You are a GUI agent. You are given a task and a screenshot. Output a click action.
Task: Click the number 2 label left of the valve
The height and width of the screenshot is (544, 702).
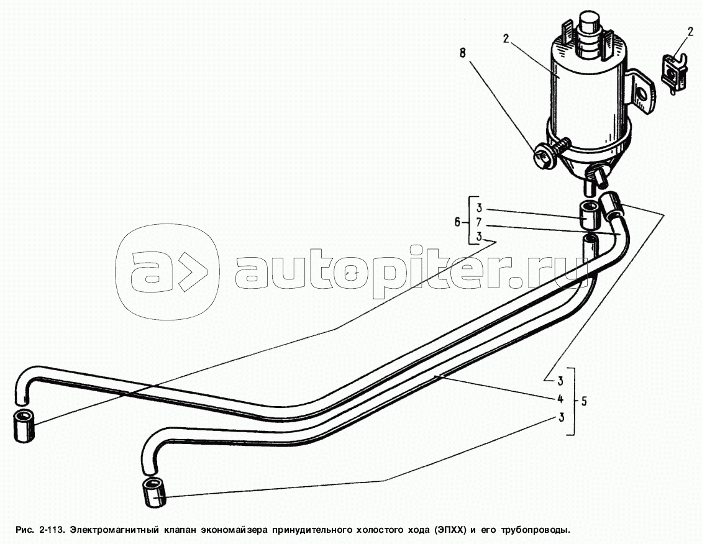coord(506,39)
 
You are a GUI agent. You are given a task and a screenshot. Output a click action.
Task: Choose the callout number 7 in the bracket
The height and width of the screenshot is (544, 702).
coord(479,222)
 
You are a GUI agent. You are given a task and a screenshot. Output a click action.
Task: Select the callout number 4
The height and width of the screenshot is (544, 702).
coord(561,399)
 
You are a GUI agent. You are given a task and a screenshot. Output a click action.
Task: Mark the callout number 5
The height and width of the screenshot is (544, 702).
coord(583,401)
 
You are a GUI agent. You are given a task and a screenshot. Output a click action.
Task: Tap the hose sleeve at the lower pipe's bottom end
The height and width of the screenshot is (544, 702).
coord(153,492)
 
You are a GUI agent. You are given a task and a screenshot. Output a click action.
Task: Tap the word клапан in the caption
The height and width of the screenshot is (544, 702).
coord(181,530)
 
